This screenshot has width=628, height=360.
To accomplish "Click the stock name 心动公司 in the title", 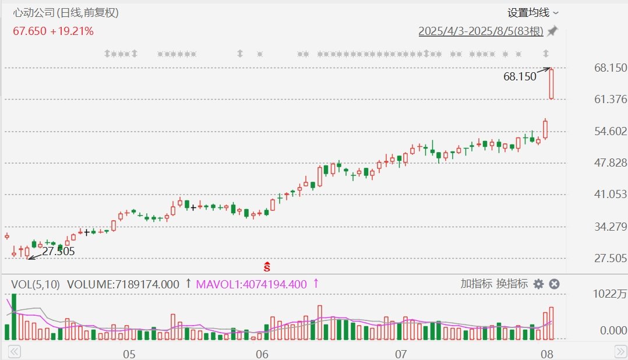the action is [x=34, y=13].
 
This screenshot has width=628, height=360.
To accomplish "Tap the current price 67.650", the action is [x=30, y=31].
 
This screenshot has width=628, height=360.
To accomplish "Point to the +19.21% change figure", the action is [x=72, y=31].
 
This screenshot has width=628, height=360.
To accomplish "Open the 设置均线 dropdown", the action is [x=532, y=13].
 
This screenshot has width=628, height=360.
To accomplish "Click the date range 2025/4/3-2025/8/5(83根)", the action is [x=481, y=31].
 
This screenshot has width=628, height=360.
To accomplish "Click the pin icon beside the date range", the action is [x=553, y=31].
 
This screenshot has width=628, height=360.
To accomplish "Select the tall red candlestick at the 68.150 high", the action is [x=552, y=84].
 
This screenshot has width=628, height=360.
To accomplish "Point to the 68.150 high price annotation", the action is [x=520, y=76].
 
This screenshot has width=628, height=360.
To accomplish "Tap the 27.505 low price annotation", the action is [x=58, y=252].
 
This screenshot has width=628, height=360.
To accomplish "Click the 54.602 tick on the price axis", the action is [x=611, y=131].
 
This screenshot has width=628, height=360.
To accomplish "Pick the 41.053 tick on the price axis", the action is [x=611, y=194].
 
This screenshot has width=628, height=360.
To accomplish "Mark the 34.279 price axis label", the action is [x=611, y=227].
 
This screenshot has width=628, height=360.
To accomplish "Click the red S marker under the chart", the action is [x=267, y=266].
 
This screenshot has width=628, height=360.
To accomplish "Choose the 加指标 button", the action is [x=476, y=284].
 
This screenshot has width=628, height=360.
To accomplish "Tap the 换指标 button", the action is [x=512, y=284].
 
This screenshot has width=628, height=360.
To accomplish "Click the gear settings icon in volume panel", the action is [x=539, y=284].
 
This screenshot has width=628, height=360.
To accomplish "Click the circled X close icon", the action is [x=555, y=284].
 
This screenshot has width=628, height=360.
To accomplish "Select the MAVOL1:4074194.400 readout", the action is [x=251, y=284].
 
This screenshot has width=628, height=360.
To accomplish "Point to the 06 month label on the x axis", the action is [x=262, y=354].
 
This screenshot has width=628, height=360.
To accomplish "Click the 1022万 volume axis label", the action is [x=609, y=294].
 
